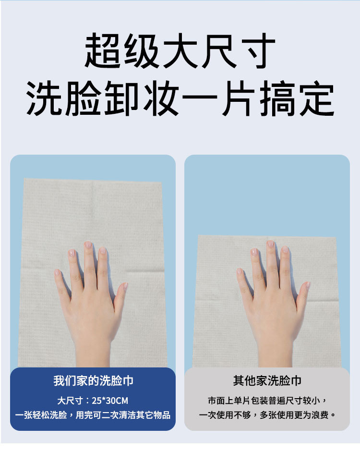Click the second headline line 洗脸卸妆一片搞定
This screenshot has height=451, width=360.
[180, 99]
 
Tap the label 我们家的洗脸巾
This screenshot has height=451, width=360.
[93, 381]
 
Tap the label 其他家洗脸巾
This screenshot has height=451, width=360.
[267, 381]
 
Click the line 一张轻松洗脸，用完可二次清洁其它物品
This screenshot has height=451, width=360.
[93, 415]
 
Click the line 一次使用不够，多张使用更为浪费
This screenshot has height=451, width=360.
[267, 415]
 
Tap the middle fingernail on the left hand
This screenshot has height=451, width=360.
[88, 245]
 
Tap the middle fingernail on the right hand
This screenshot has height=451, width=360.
[270, 244]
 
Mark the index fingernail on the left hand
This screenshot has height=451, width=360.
[103, 251]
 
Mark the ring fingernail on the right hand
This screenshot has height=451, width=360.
[254, 252]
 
